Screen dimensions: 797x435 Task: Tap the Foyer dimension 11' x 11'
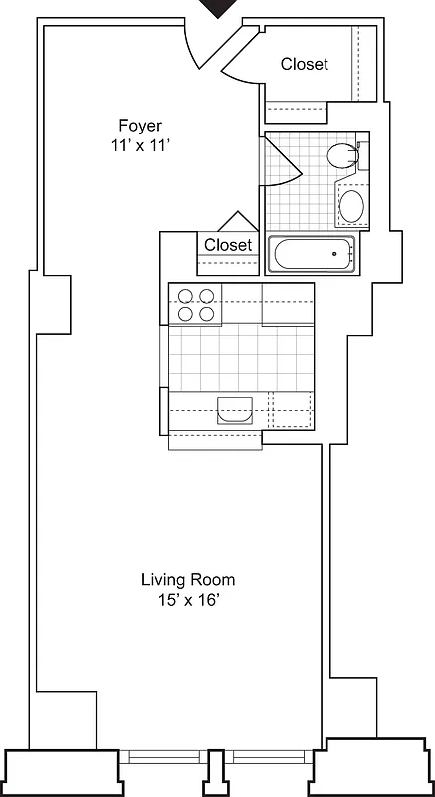click(x=139, y=144)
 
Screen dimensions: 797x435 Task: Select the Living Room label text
click(x=187, y=579)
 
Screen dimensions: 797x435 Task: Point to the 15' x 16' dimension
click(x=187, y=599)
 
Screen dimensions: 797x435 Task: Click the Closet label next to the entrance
click(x=304, y=64)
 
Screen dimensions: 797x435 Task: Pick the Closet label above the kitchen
click(x=228, y=245)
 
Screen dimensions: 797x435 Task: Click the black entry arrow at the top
click(x=218, y=8)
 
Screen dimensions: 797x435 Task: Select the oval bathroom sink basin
click(x=351, y=207)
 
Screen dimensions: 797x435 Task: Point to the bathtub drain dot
click(x=334, y=254)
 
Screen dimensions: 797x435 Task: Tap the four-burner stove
click(x=194, y=304)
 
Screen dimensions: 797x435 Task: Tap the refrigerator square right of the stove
click(x=288, y=304)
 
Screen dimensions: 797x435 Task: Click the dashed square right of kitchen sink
click(x=290, y=409)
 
